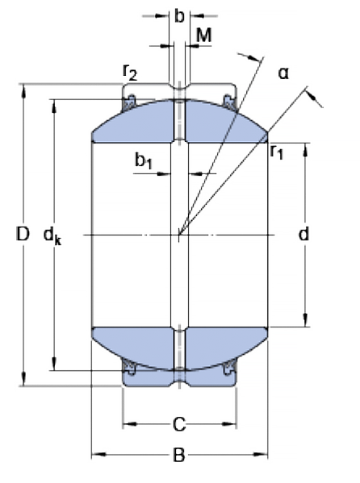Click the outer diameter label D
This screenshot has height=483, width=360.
23,234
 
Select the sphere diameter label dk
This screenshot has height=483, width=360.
52,236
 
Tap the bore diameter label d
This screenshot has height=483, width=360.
303,234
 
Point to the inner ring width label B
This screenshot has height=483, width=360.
179,455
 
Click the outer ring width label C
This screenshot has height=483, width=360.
179,424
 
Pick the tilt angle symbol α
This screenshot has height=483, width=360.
283,73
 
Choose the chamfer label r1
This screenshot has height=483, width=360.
276,152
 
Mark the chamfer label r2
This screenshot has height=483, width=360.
130,73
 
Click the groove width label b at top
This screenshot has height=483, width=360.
179,15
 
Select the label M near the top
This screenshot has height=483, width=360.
204,35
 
